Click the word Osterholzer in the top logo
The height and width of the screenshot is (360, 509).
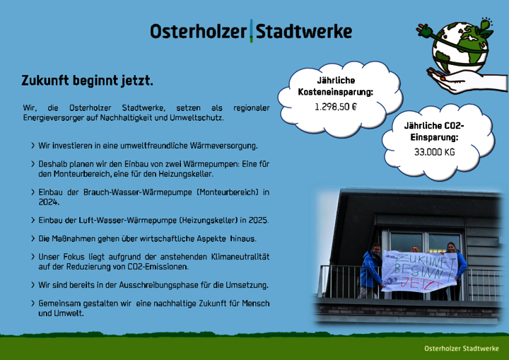coord(198,32)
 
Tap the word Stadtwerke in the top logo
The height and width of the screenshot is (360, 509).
coord(304,32)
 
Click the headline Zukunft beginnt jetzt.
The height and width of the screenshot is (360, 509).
coord(87,81)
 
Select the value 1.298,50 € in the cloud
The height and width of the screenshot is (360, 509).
coord(336,107)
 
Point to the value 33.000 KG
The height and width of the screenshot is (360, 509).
coord(434,152)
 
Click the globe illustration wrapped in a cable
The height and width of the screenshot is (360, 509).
coord(460,47)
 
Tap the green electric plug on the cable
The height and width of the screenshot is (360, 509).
coord(424,31)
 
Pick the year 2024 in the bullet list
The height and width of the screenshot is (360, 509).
coord(49,202)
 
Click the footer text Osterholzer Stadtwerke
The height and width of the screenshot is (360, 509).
coord(461,348)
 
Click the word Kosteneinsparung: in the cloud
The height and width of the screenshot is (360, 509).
coord(336,92)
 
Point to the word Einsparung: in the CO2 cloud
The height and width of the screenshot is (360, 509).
coord(434,137)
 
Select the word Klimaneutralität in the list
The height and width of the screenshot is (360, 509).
coord(240,257)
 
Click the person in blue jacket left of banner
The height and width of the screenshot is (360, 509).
coord(370,270)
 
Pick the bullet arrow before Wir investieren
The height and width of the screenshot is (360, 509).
coord(33,146)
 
